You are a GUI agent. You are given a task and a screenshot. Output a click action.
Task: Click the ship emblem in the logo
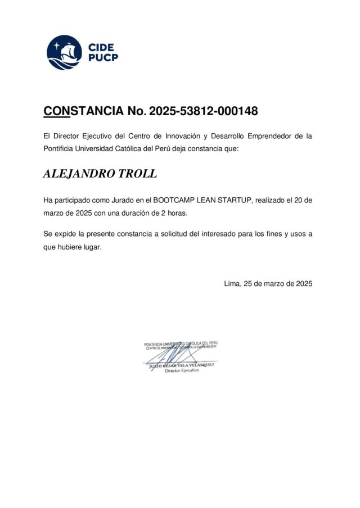(x=64, y=52)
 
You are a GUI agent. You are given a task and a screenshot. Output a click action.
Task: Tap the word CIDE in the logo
(x=101, y=47)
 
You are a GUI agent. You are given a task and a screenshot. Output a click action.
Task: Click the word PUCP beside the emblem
(x=103, y=58)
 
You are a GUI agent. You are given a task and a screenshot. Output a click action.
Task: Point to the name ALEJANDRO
(x=78, y=174)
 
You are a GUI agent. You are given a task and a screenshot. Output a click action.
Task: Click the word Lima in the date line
(x=232, y=284)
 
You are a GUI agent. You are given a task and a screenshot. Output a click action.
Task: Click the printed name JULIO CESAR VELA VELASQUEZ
(x=181, y=365)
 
